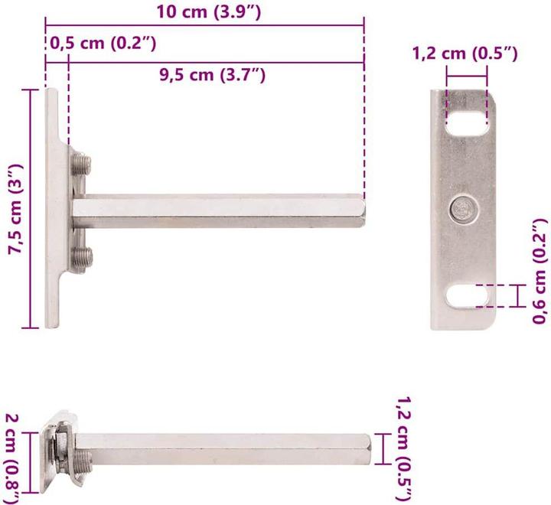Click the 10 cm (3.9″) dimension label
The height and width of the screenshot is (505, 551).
pyautogui.click(x=204, y=12)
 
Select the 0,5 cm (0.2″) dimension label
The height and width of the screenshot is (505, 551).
pyautogui.click(x=103, y=44)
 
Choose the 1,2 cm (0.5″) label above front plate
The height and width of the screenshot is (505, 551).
pyautogui.click(x=465, y=54)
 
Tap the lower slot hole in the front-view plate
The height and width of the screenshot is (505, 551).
pyautogui.click(x=465, y=295)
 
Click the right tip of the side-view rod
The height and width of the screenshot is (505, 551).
pyautogui.click(x=363, y=211)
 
